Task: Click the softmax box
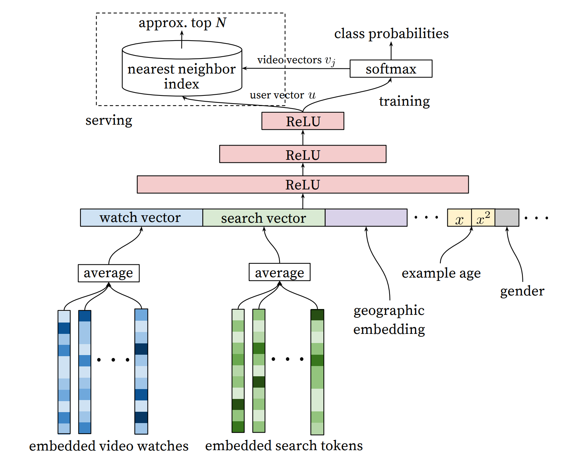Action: pyautogui.click(x=391, y=69)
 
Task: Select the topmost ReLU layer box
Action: pyautogui.click(x=303, y=121)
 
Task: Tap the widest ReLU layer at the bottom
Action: pyautogui.click(x=303, y=184)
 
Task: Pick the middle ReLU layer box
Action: pyautogui.click(x=303, y=154)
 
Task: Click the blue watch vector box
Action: pyautogui.click(x=141, y=218)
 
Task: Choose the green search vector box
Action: pyautogui.click(x=263, y=218)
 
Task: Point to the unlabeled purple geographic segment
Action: pyautogui.click(x=366, y=218)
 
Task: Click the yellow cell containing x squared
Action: pyautogui.click(x=483, y=218)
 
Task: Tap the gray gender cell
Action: pyautogui.click(x=507, y=218)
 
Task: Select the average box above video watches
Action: pyautogui.click(x=109, y=273)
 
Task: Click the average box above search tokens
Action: pyautogui.click(x=280, y=272)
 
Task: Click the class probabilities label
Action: pyautogui.click(x=391, y=34)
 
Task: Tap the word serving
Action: pyautogui.click(x=109, y=120)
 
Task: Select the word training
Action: pyautogui.click(x=404, y=101)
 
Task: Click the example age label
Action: pyautogui.click(x=441, y=273)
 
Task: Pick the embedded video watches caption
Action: pyautogui.click(x=109, y=446)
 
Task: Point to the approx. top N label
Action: pyautogui.click(x=182, y=23)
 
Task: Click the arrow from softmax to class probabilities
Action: pyautogui.click(x=391, y=51)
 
